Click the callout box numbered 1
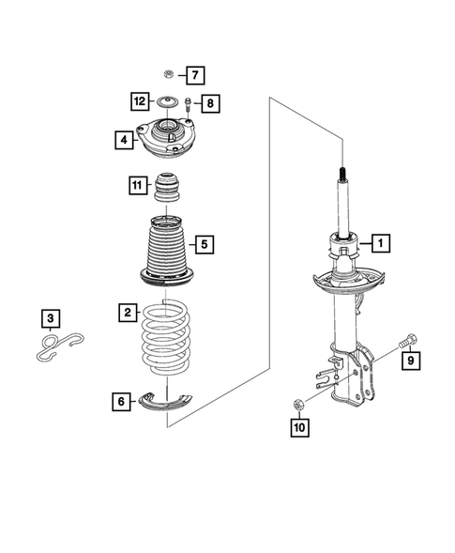382,244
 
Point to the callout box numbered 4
124,141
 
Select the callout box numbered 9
409,359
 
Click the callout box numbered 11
139,186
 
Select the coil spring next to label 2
168,338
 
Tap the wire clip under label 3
56,347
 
